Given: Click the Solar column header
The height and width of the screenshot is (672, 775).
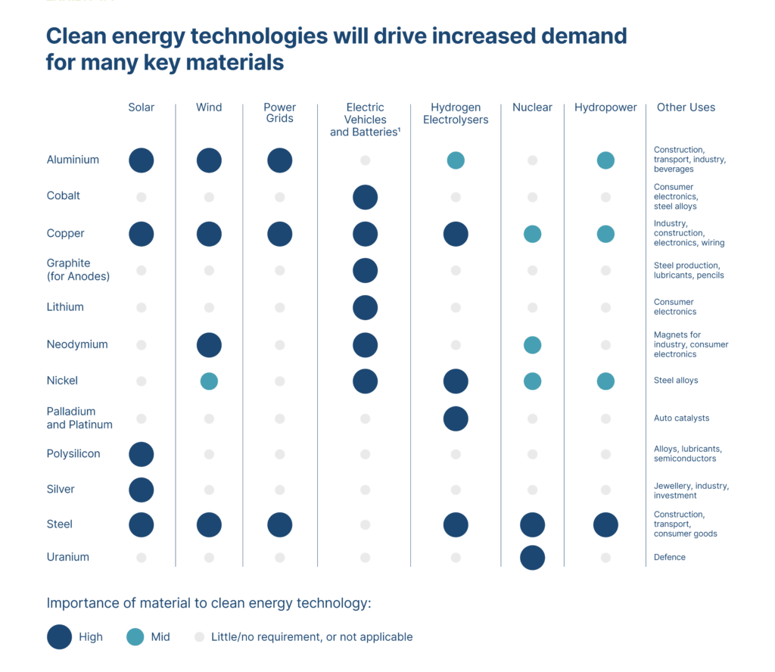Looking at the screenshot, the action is [141, 107].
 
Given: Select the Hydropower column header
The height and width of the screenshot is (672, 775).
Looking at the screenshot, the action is [605, 107].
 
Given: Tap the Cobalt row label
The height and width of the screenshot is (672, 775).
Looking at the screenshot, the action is [64, 196].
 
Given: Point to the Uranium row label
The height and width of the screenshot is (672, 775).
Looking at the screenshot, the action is [68, 557].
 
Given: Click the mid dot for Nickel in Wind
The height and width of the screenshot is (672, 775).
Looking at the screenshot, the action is [209, 381].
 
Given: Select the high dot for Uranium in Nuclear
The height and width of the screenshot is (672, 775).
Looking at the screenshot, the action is [532, 558].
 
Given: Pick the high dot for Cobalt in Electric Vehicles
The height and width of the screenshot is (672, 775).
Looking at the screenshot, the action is [365, 197].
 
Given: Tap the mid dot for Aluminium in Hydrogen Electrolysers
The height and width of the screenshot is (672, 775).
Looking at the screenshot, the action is [456, 160].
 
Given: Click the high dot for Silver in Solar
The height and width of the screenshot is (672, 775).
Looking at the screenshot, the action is [142, 490].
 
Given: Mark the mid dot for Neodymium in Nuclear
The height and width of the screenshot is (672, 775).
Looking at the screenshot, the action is [532, 345].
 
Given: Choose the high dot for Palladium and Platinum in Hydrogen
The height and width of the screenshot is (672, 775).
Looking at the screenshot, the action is [456, 418].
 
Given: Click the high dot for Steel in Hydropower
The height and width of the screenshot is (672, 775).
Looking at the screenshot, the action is [605, 524].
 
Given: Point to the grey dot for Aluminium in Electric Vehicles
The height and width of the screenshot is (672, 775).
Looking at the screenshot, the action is [365, 160].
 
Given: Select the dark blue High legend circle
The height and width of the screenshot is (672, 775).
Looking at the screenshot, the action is [59, 637].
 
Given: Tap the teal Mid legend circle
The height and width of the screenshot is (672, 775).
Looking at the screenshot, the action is [135, 637].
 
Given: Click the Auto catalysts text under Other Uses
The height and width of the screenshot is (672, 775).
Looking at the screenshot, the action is [681, 418].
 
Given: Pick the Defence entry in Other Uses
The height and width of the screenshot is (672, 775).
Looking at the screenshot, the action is [669, 558].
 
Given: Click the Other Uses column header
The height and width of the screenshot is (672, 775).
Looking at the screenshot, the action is [686, 107].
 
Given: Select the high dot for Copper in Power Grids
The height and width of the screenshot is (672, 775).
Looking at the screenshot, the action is [280, 234].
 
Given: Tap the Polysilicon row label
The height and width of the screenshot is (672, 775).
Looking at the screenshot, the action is [73, 454].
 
